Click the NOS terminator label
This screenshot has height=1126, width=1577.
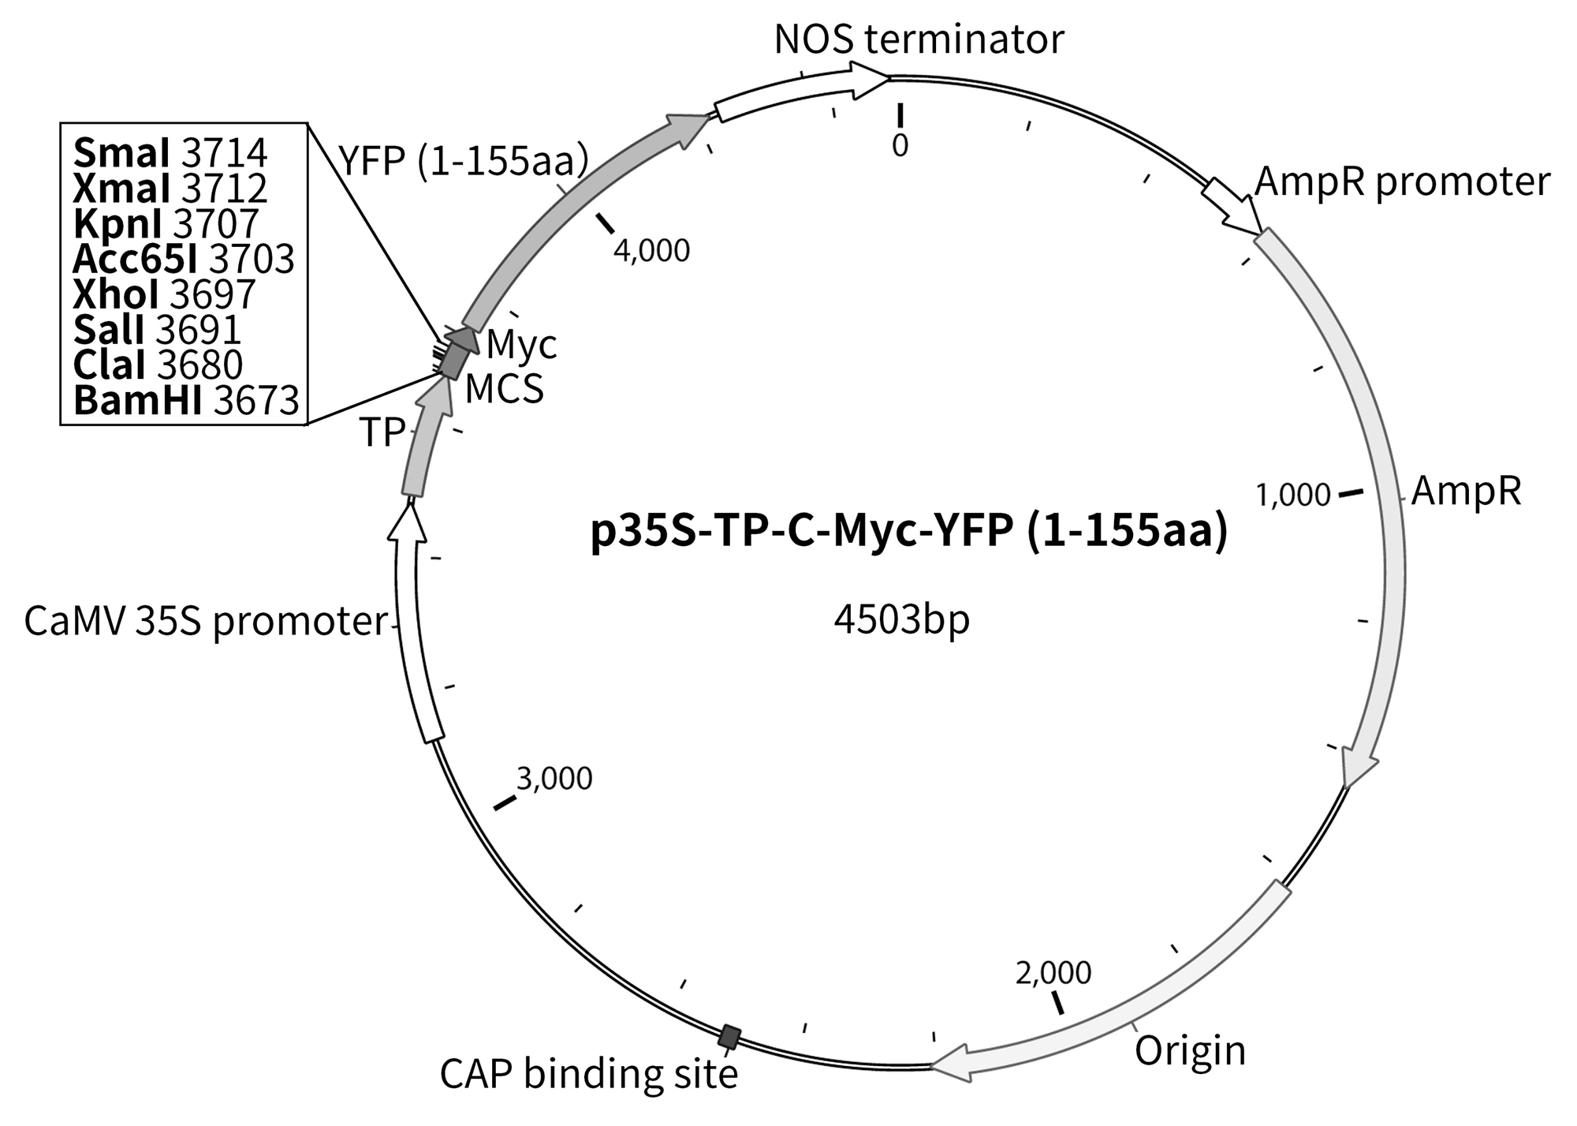pos(919,39)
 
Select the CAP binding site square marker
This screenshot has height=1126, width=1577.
pos(731,1036)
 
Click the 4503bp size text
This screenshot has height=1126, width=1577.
pos(901,621)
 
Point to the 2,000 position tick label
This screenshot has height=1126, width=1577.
pos(1053,973)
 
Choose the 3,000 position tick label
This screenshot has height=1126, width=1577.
pos(554,779)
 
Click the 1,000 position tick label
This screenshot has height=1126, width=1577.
pos(1293,496)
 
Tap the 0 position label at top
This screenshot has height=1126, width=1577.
pos(900,145)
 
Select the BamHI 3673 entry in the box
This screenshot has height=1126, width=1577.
pos(186,401)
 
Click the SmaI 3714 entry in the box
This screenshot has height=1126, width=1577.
pos(170,153)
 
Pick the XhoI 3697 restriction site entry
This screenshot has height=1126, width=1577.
pos(164,295)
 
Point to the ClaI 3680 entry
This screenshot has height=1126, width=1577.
pos(158,365)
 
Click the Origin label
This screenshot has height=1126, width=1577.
pos(1190,1050)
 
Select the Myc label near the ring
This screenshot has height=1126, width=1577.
pos(521,344)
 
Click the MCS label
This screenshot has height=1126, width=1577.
pos(504,388)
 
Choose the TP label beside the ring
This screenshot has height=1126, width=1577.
pos(382,432)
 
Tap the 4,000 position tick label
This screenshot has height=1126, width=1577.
pos(651,251)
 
